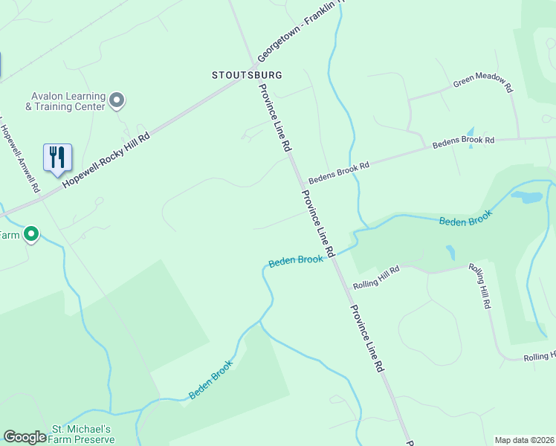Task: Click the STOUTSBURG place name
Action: click(x=247, y=75)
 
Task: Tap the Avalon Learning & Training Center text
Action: click(x=65, y=101)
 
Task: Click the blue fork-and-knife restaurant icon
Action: click(x=57, y=158)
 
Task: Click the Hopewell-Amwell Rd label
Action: click(x=20, y=156)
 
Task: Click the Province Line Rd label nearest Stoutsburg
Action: click(x=274, y=117)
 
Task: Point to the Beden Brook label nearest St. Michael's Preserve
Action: click(x=211, y=380)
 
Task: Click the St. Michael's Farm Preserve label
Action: click(x=82, y=434)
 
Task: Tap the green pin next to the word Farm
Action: click(x=31, y=235)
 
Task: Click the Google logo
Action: click(x=25, y=437)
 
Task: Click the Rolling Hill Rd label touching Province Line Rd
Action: click(x=377, y=277)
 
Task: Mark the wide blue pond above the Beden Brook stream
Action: click(x=527, y=198)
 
